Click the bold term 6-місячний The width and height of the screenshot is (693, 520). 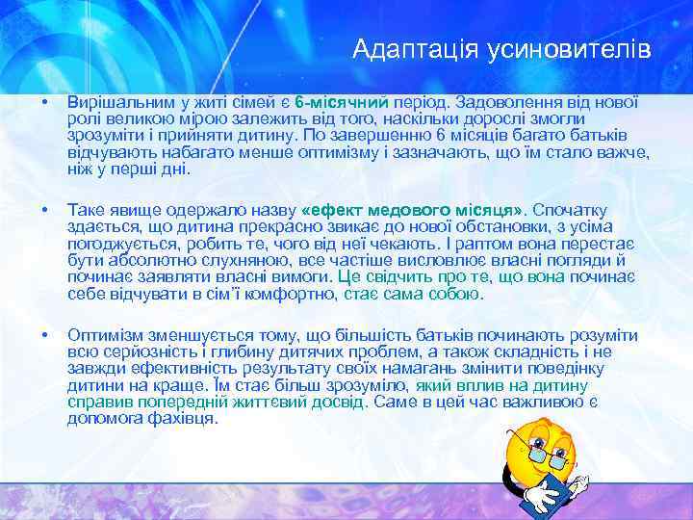(341, 102)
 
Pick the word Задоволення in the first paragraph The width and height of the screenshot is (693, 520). (503, 102)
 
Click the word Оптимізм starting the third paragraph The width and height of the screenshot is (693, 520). (108, 334)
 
